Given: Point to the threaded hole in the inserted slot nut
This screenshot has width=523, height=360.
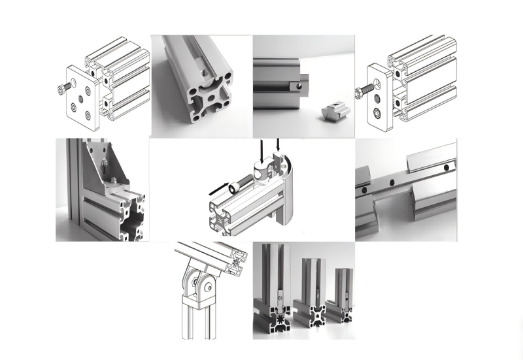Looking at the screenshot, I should point(304,84).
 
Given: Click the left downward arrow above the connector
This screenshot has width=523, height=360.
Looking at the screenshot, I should point(258,150).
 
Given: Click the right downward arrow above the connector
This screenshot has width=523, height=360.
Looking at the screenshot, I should point(279,146).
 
